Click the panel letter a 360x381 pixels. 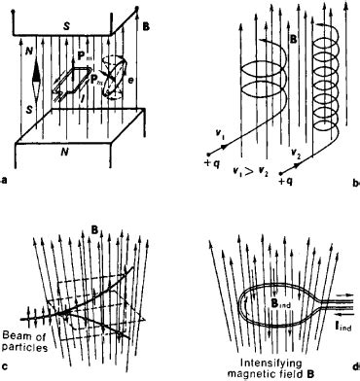click(6, 178)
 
